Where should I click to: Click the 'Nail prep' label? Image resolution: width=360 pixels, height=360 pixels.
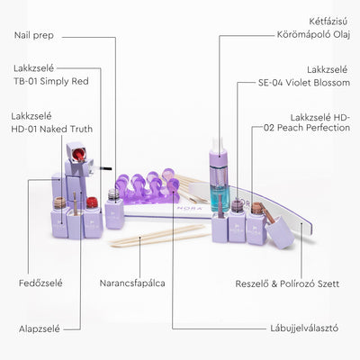coord(34,36)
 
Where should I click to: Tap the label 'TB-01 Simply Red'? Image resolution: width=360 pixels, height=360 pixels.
coord(51,81)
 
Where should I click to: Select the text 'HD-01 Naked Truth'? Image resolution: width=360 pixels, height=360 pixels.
coord(52,130)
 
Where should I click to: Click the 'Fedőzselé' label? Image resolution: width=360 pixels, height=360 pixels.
coord(40,283)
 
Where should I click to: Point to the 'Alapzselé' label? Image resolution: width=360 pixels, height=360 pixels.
coord(40,328)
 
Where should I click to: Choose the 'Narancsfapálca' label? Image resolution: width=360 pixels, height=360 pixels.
coord(132,283)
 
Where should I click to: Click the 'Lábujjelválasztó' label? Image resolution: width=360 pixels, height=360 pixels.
coord(304,328)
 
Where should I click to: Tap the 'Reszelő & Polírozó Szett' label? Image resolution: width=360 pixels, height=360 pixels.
coord(287,283)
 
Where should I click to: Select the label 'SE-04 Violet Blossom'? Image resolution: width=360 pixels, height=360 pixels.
coord(304,83)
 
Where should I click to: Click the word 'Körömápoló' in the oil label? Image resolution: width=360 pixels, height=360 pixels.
coord(304,34)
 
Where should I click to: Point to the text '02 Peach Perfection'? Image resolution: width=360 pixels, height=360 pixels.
coord(307,128)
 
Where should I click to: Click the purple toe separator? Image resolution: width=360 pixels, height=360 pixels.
coord(148,187)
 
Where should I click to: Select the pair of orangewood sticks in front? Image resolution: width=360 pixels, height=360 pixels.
coord(159,237)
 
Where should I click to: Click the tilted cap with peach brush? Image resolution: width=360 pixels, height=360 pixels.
coord(277,228)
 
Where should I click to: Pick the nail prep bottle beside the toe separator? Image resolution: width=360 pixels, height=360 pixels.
coord(114,209)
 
